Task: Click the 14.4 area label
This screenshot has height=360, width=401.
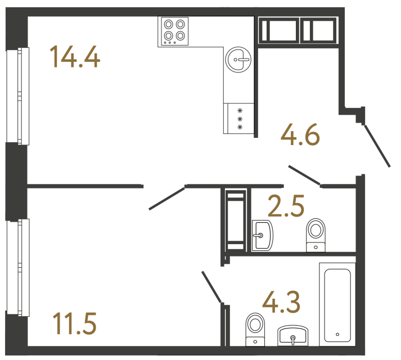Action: (75, 57)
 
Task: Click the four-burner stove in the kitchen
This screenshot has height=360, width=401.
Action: (174, 31)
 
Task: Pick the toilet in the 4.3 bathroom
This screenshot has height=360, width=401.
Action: (255, 328)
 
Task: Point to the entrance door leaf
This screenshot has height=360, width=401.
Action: (377, 147)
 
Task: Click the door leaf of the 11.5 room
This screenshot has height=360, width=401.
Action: (167, 197)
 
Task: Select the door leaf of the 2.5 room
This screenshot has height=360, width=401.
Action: (304, 175)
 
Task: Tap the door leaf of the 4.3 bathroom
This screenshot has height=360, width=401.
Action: (212, 287)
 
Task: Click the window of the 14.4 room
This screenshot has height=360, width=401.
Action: (17, 96)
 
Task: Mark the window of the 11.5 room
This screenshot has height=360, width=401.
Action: (17, 267)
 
